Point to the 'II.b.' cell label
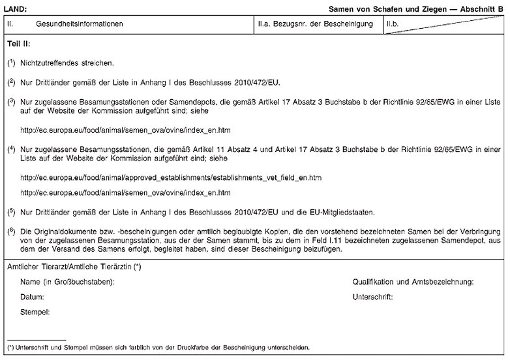point(393,23)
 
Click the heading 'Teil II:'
point(18,44)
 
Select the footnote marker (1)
point(11,63)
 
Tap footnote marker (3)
point(11,102)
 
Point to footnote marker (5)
point(11,212)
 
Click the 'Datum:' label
point(32,297)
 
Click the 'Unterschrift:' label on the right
point(372,297)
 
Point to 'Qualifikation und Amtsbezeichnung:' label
point(413,282)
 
